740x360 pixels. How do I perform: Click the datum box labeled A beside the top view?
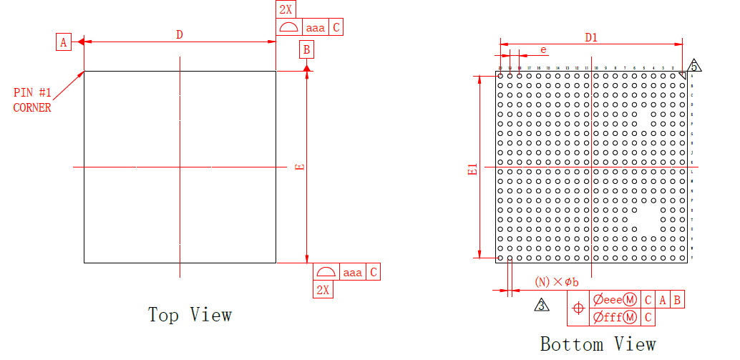tap(64, 42)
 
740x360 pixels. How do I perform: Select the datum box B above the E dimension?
tap(306, 49)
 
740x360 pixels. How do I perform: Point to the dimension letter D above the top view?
tap(180, 34)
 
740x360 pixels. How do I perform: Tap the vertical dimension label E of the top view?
tap(300, 167)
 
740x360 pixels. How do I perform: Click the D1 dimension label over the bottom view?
tap(591, 37)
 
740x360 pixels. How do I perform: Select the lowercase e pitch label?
tap(544, 49)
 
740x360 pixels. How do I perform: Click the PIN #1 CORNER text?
tap(33, 100)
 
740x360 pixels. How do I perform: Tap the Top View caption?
tap(190, 314)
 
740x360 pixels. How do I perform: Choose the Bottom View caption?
tap(598, 344)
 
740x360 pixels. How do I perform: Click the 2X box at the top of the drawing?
tap(285, 9)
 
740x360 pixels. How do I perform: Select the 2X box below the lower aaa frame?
tap(323, 289)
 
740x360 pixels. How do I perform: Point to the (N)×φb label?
tap(556, 282)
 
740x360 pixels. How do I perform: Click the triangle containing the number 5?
tap(693, 66)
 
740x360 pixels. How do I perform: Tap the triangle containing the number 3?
tap(542, 306)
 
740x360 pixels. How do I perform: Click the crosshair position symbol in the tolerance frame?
tap(579, 308)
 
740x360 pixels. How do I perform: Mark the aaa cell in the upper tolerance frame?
tap(315, 28)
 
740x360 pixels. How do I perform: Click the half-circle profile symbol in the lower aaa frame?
tap(326, 272)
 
